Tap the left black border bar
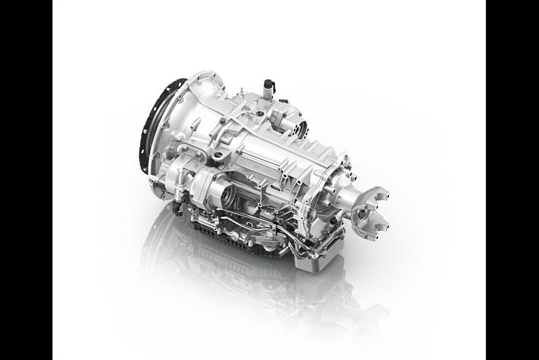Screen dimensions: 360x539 point(26,180)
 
